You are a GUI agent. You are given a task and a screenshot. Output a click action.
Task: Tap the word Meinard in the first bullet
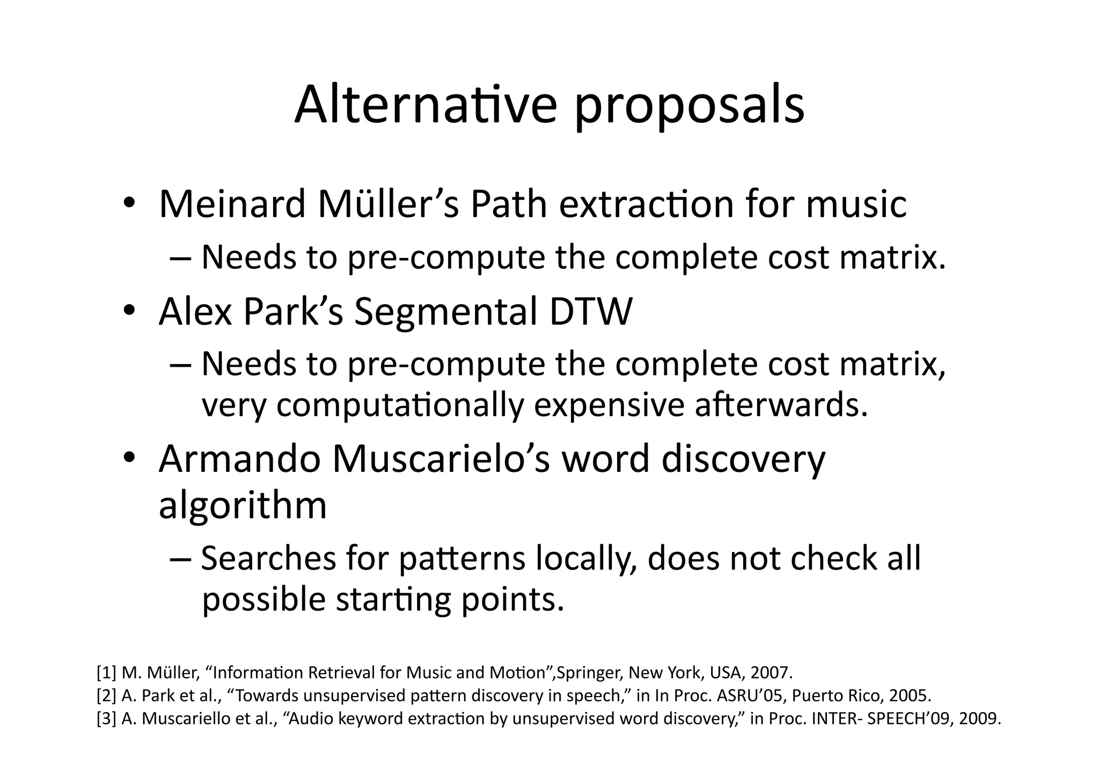[x=232, y=204]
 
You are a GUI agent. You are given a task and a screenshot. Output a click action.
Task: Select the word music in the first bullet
[x=856, y=204]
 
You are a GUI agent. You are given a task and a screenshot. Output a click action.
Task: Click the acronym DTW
[x=591, y=312]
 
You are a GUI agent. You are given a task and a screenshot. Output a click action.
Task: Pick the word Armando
[x=239, y=459]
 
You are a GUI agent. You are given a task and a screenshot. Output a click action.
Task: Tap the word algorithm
[x=243, y=505]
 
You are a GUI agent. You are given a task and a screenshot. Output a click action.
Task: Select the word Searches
[x=268, y=558]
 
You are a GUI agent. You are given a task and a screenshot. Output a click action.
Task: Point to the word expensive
[x=609, y=406]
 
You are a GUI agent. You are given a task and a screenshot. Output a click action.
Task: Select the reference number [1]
[x=106, y=672]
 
